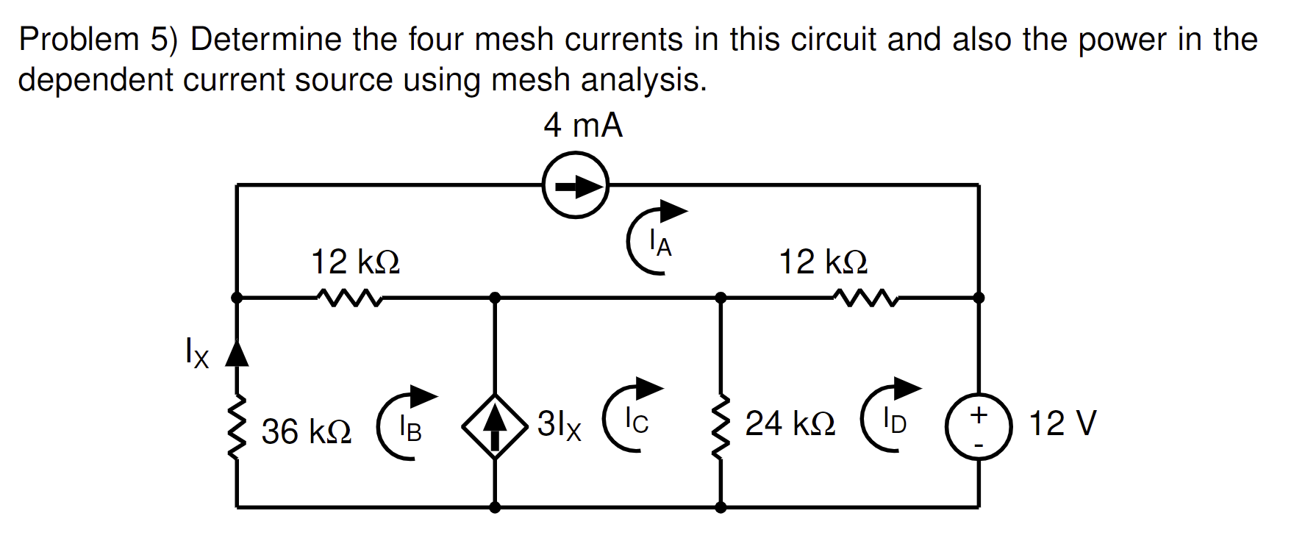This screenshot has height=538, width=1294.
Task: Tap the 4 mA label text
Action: [x=583, y=125]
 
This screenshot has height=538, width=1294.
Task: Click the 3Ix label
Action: [x=559, y=425]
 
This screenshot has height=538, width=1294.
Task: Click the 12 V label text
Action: [x=1062, y=423]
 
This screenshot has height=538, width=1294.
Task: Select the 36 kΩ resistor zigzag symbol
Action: [x=237, y=428]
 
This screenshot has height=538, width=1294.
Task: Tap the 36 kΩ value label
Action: [x=307, y=432]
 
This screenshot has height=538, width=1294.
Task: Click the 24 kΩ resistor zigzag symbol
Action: [x=721, y=428]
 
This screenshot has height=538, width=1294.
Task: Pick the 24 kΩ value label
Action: [x=790, y=424]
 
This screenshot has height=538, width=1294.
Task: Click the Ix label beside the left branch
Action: [x=196, y=353]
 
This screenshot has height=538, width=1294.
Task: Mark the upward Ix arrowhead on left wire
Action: [x=237, y=354]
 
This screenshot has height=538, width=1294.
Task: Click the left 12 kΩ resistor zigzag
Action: [x=348, y=298]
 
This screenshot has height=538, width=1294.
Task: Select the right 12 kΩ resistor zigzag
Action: [x=865, y=298]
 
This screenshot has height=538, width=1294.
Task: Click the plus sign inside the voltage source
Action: [x=979, y=415]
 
